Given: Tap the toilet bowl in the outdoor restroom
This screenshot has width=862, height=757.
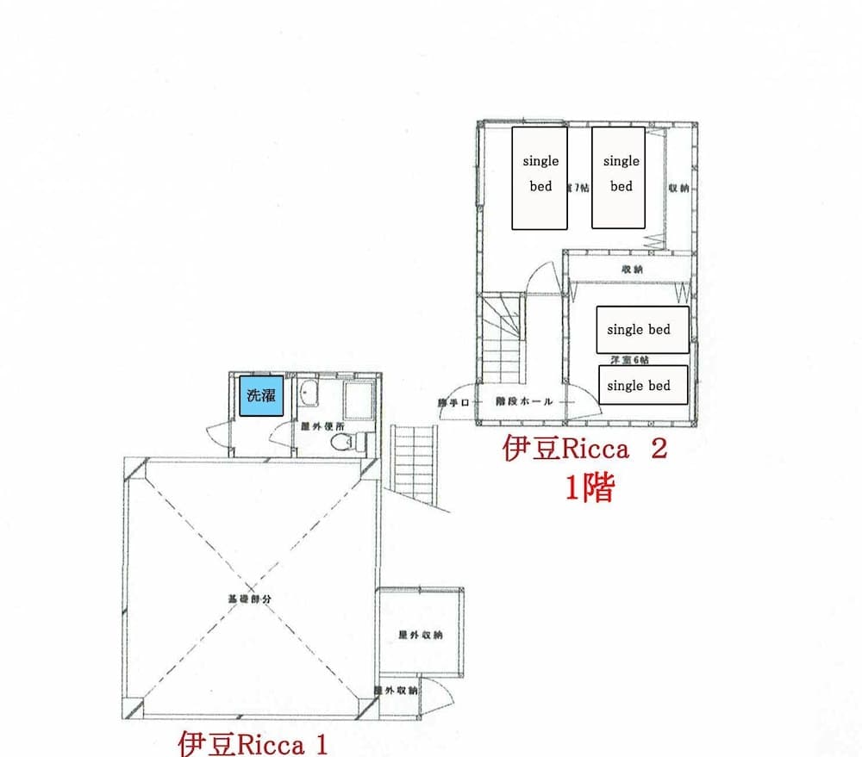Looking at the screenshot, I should click(x=343, y=442).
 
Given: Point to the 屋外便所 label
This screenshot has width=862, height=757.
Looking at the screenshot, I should click(x=322, y=425).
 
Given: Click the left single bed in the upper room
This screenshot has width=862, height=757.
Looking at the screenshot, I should click(x=540, y=178).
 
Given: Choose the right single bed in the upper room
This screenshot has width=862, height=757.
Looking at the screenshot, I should click(x=619, y=177).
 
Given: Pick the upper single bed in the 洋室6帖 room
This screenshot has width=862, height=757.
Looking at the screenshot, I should click(x=644, y=330).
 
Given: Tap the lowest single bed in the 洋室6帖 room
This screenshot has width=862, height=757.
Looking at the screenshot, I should click(x=644, y=385).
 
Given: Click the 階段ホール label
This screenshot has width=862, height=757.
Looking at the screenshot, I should click(x=523, y=401).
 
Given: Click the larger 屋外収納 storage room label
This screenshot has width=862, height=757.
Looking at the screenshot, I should click(x=420, y=635).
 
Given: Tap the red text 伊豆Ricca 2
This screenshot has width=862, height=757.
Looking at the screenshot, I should click(x=584, y=450).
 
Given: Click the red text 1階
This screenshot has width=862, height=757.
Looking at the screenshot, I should click(x=590, y=488).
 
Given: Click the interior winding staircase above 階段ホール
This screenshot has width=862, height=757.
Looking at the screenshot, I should click(x=502, y=337).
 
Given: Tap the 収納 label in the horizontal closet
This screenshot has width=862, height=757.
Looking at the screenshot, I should click(x=632, y=270).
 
